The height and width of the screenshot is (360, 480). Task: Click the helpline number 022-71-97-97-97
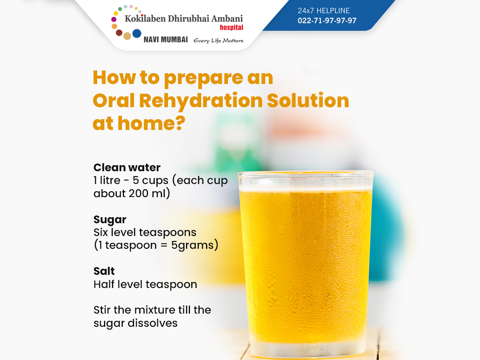[327, 20]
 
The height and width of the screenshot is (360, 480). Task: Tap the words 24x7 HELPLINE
[324, 10]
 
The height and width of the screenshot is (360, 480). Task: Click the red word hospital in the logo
[231, 28]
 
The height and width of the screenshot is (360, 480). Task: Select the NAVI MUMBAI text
[166, 40]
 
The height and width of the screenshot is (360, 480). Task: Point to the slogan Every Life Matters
[218, 41]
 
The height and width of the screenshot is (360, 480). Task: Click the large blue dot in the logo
[137, 34]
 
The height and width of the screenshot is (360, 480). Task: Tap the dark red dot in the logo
[119, 33]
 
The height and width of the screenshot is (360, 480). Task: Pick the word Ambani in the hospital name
[227, 18]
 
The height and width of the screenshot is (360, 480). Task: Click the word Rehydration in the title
[201, 101]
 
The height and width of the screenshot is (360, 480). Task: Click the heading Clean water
[127, 168]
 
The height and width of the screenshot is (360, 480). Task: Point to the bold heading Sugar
[110, 220]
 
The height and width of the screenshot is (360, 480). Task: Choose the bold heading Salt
[104, 271]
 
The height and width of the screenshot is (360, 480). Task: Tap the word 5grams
[192, 246]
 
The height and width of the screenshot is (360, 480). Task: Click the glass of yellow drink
[306, 264]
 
